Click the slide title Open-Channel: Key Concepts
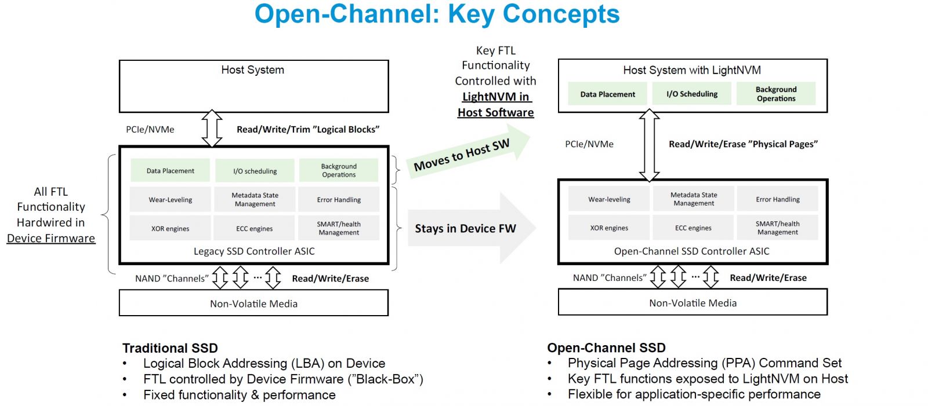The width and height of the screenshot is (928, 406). click(x=437, y=14)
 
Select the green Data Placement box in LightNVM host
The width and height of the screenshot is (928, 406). click(x=607, y=94)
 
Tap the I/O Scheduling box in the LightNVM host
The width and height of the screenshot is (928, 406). click(x=691, y=94)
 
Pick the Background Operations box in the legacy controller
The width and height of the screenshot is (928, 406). click(x=339, y=170)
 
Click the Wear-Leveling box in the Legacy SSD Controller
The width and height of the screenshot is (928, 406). click(x=170, y=200)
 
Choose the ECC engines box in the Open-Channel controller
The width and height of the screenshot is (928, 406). click(x=693, y=228)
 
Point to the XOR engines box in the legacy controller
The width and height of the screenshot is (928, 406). click(x=170, y=229)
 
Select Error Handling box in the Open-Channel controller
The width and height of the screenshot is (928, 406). click(x=777, y=199)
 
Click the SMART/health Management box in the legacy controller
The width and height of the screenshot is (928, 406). click(x=339, y=228)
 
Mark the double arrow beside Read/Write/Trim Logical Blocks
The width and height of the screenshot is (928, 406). click(x=212, y=129)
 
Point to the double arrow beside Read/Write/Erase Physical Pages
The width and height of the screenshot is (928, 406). click(x=649, y=145)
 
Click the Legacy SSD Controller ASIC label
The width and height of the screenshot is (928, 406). click(x=254, y=251)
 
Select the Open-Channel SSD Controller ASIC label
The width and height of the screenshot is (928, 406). click(x=691, y=251)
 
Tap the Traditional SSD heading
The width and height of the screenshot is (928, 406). click(x=170, y=348)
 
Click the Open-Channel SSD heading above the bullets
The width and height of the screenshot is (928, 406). click(x=606, y=348)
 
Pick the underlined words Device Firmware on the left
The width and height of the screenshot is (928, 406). click(x=51, y=238)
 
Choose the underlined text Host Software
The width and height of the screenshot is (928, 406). click(x=495, y=112)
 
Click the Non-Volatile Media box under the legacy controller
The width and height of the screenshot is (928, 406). click(x=253, y=303)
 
